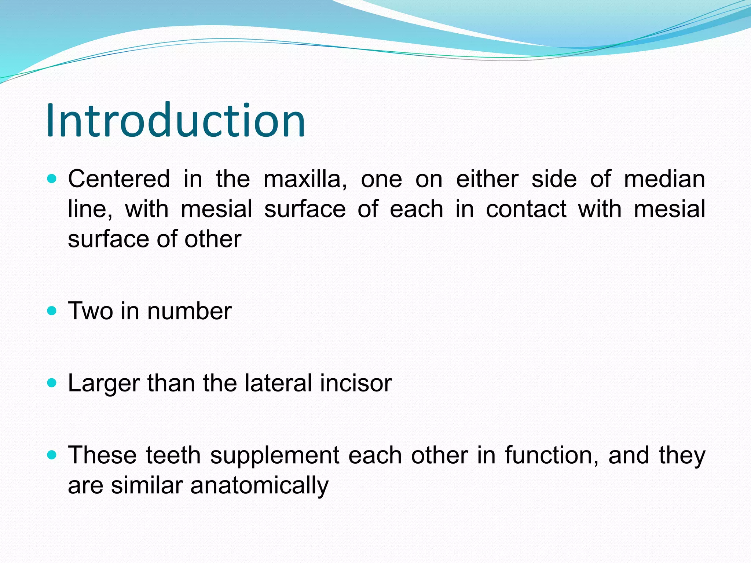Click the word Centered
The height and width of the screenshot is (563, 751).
(119, 179)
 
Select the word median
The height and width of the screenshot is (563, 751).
(664, 179)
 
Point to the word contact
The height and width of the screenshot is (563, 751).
(526, 209)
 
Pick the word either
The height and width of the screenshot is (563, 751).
(487, 179)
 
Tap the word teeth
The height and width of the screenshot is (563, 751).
(173, 455)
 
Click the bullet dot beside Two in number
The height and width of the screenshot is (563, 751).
(52, 311)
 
